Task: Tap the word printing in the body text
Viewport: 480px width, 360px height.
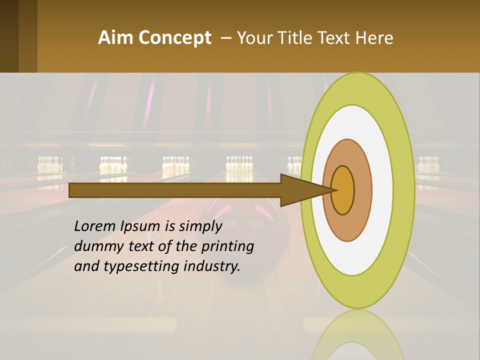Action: [x=227, y=247]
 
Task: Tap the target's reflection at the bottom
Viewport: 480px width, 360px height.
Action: [x=357, y=335]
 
